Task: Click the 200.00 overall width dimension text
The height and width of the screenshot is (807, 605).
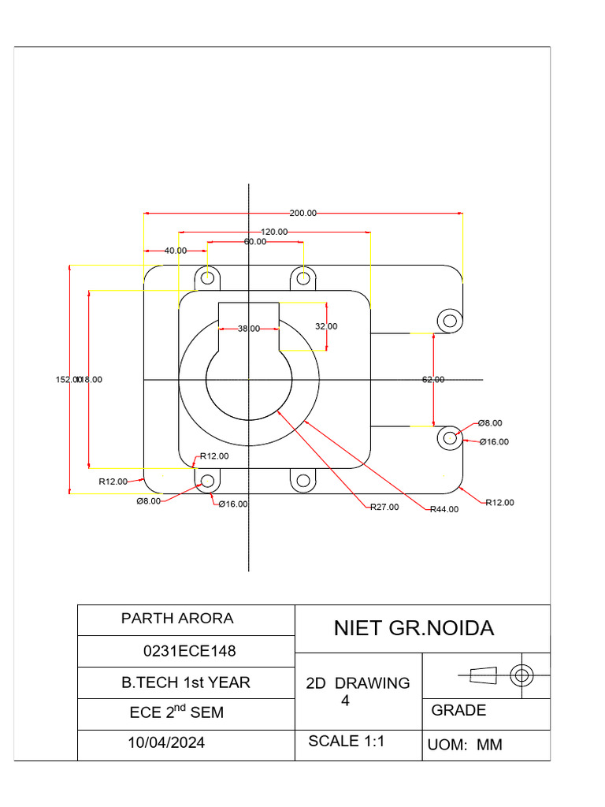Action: point(302,213)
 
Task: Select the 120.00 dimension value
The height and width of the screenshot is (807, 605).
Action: point(274,232)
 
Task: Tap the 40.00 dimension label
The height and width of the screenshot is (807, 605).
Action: point(175,251)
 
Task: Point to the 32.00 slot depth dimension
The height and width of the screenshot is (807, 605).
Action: point(326,326)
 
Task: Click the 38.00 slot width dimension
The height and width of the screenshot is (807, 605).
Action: point(248,329)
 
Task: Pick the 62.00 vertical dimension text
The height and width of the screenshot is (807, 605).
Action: point(433,380)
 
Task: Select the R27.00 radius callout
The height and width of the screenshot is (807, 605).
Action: point(384,508)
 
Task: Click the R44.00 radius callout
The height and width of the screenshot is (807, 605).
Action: point(444,509)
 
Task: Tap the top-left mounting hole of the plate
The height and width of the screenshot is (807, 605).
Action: point(208,277)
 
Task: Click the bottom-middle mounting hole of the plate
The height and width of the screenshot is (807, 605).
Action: point(303,480)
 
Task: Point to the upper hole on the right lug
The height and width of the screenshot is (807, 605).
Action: point(451,320)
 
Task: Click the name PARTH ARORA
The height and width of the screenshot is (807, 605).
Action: point(177,619)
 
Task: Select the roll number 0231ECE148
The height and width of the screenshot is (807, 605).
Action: point(189,652)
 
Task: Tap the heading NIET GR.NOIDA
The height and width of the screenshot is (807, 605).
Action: point(414,628)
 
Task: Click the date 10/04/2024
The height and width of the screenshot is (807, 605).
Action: point(166,742)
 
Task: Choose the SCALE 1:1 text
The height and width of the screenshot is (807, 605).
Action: point(346,741)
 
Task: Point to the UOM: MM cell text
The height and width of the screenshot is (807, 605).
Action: point(465,745)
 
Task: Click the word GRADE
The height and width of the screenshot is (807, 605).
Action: point(458,710)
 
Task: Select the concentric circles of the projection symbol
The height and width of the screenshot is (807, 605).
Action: point(521,675)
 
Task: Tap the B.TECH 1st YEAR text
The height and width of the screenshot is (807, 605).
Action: point(186,682)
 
